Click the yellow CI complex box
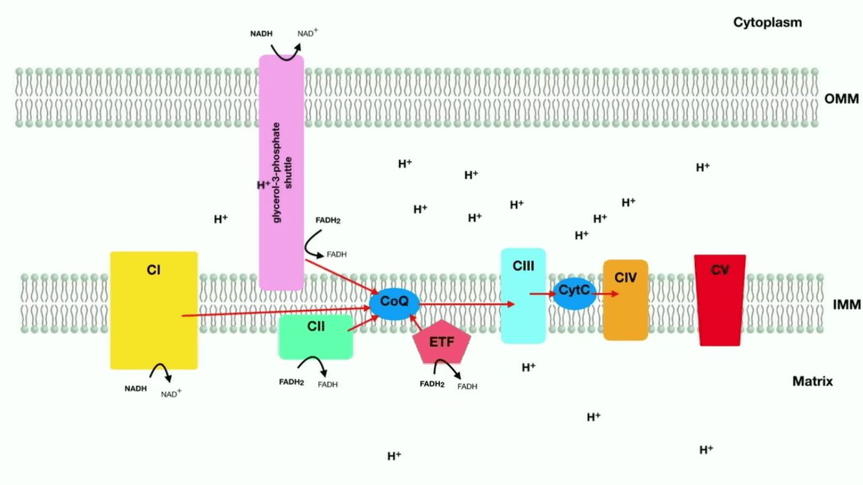pos(154,311)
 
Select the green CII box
pos(316,337)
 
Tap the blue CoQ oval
pos(394,304)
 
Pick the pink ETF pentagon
pos(442,342)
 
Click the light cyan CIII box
pos(523,296)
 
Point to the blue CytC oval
pos(574,293)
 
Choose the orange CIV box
pos(626,300)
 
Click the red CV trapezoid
pos(719,300)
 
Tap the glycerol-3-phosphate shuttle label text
pos(282,172)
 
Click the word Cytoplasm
pos(767,22)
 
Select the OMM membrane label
pos(841,99)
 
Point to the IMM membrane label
pos(847,305)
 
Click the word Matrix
pos(812,381)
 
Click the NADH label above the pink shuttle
pos(261,34)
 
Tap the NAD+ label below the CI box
pos(171,393)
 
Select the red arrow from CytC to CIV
pos(605,294)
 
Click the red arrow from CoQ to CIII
pos(467,304)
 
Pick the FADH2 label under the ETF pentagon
pos(432,384)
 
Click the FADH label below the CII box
pos(328,385)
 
